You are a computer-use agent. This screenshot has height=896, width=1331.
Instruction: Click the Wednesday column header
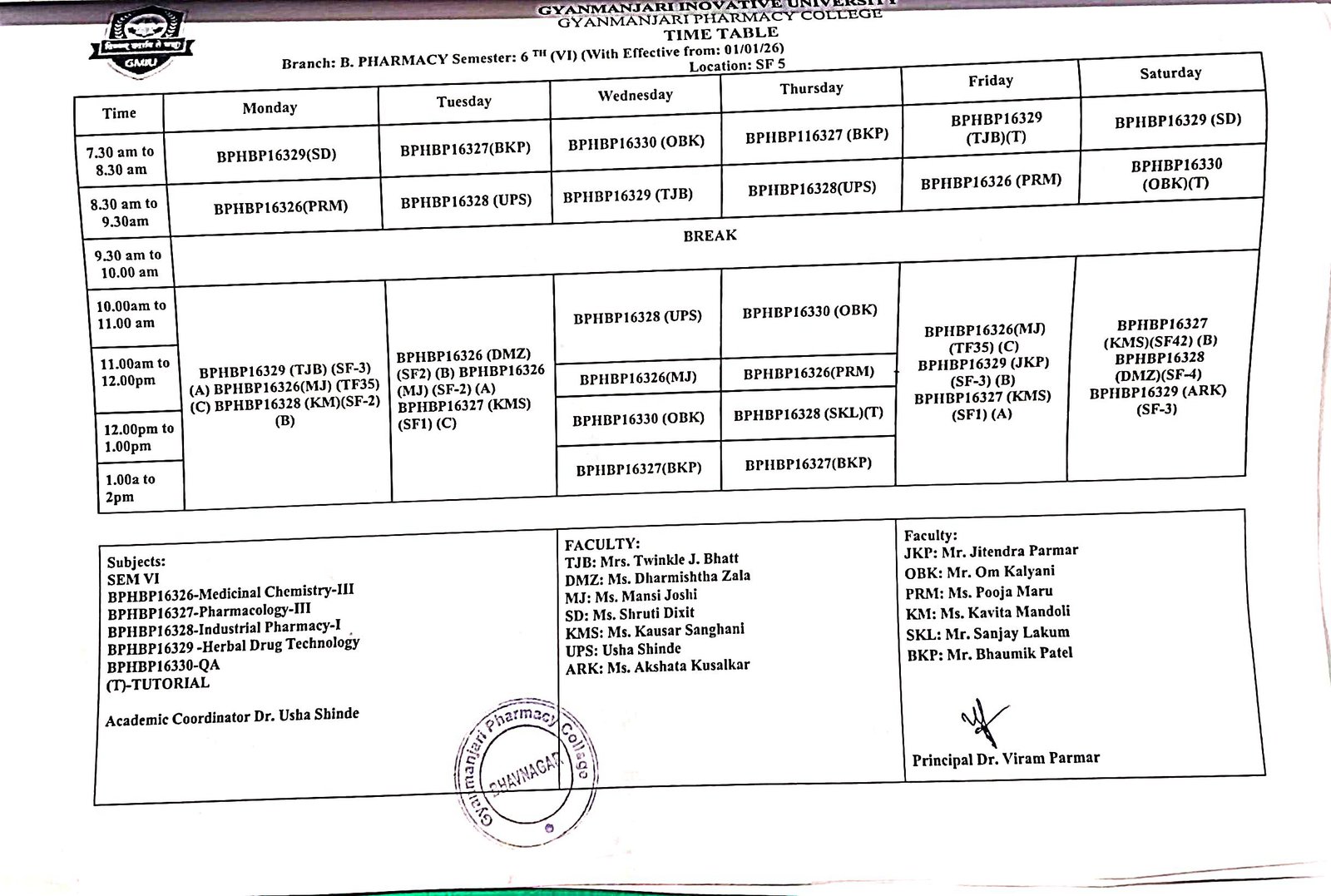coord(635,95)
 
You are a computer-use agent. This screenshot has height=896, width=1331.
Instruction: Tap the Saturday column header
coord(1170,73)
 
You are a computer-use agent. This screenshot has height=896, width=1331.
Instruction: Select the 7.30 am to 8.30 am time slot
coord(121,161)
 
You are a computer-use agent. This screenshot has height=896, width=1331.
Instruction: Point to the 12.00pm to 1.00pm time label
coord(127,438)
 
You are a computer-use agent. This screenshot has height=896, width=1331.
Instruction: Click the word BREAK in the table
coord(710,235)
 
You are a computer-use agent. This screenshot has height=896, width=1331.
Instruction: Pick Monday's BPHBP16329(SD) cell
coord(276,155)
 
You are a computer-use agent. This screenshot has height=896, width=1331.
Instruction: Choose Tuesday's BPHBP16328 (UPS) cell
coord(466,200)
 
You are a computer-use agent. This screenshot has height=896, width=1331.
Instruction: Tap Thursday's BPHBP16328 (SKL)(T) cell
coord(808,413)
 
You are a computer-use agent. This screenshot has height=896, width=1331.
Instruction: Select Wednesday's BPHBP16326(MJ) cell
coord(637,379)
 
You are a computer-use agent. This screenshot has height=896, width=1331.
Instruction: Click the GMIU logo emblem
coord(140,46)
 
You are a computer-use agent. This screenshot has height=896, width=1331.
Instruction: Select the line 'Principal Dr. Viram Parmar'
coord(1005,759)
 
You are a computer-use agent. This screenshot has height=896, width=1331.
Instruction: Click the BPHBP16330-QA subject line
coord(163,666)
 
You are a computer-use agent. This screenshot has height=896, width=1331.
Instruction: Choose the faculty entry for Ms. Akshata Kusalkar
coord(657,666)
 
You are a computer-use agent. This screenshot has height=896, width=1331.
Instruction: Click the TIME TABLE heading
coord(720,34)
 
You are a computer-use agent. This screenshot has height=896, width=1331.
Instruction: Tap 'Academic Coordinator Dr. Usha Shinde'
coord(232,717)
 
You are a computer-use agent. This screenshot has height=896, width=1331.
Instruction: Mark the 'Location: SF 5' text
coord(736,66)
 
